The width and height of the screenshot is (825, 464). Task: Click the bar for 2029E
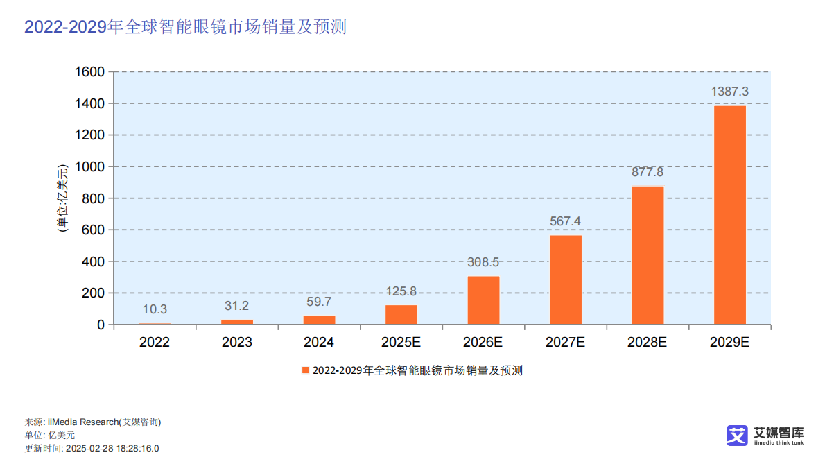[x=729, y=215]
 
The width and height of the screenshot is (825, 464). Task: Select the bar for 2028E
[x=648, y=255]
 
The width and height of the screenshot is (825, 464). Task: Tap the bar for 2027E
[x=566, y=280]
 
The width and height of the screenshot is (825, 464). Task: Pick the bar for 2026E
[x=483, y=300]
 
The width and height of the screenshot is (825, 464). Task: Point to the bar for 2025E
[x=401, y=315]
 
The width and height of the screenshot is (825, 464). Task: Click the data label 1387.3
[x=729, y=92]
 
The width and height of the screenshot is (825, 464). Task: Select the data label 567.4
[x=566, y=221]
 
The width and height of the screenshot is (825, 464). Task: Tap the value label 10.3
[x=155, y=309]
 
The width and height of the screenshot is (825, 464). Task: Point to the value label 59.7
[x=319, y=302]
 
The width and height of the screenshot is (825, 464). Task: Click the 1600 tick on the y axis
[x=89, y=71]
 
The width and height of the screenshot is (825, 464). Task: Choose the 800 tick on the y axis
[x=94, y=198]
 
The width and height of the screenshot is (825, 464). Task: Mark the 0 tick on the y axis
[x=101, y=325]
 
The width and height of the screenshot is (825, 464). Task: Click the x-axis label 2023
[x=236, y=342]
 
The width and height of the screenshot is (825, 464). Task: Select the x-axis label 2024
[x=319, y=342]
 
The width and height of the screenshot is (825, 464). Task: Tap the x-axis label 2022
[x=155, y=342]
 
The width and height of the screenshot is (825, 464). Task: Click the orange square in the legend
[x=305, y=370]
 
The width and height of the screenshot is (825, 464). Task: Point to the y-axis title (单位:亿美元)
[x=62, y=198]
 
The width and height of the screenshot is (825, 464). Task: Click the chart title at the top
[x=185, y=26]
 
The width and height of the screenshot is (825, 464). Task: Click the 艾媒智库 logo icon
[x=737, y=435]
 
